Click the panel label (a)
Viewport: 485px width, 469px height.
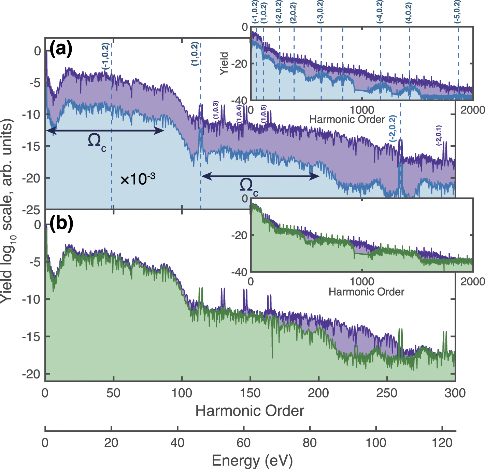coord(61,50)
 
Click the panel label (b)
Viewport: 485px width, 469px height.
coord(61,224)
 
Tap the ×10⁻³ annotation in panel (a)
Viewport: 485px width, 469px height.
coord(138,179)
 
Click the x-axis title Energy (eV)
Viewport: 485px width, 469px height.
coord(252,460)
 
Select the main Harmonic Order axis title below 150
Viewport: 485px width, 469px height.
coord(249,411)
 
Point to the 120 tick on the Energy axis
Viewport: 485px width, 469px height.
coord(442,443)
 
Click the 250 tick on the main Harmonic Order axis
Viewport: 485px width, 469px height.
coord(387,393)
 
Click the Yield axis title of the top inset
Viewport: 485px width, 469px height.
coord(224,64)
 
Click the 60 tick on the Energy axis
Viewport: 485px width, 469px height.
coord(244,443)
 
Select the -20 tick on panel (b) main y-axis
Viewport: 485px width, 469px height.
coord(32,374)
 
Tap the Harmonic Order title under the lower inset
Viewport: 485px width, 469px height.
coord(366,292)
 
